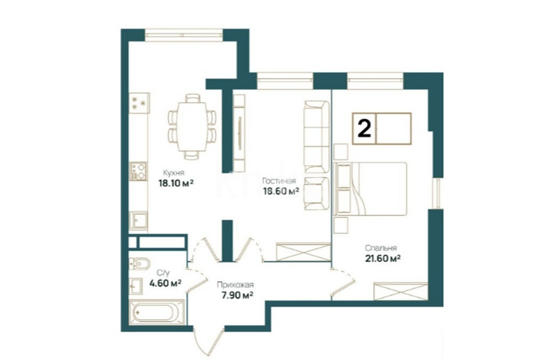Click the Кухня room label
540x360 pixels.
pos(174,173)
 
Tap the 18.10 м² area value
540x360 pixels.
pos(176,183)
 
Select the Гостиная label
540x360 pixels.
pos(279,181)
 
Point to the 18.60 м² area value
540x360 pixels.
pos(281,191)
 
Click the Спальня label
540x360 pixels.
pos(381,248)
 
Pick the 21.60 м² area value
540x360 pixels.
pos(383,258)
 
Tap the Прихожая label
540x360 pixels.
pos(235,285)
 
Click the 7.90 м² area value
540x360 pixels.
pos(238,296)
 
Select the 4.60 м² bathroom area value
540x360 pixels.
pos(165,283)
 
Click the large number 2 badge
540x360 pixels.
pos(364,128)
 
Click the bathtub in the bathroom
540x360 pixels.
pos(156,312)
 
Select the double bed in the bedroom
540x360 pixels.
pos(370,189)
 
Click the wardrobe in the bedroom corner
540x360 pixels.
pos(401,291)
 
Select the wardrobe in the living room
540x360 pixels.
pos(303,252)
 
